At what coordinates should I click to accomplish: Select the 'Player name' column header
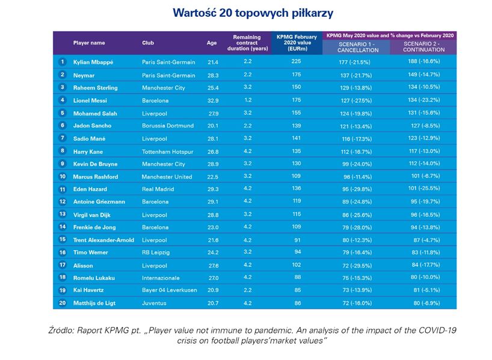[89, 43]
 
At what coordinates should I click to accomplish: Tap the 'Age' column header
[212, 43]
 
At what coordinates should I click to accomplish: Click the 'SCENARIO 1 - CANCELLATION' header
[355, 47]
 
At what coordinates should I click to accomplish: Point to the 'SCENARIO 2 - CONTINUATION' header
[423, 47]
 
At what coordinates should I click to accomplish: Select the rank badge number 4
[62, 100]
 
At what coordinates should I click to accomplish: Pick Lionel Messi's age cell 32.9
[213, 100]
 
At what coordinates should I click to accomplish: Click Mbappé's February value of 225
[295, 62]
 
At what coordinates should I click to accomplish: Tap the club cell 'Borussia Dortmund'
[168, 126]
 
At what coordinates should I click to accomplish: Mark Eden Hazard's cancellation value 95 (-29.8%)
[355, 189]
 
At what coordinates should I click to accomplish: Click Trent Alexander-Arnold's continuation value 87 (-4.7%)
[423, 240]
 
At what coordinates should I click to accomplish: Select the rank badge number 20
[62, 303]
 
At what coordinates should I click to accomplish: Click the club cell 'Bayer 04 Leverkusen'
[170, 290]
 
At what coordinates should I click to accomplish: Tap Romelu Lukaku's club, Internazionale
[161, 278]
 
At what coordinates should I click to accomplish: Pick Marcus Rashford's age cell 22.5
[213, 177]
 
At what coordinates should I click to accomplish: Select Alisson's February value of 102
[295, 265]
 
